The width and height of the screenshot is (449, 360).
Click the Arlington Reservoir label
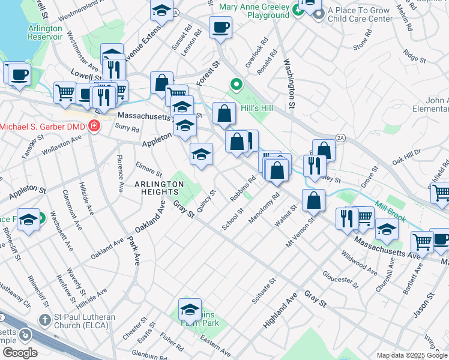click(x=45, y=32)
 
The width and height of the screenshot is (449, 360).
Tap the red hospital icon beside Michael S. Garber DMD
click(x=94, y=126)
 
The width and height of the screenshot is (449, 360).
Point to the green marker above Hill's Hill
click(x=237, y=85)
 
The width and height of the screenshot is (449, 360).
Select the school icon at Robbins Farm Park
click(x=190, y=310)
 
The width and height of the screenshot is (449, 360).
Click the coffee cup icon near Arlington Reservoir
click(x=19, y=74)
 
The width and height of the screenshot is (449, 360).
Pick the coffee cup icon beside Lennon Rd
click(x=220, y=27)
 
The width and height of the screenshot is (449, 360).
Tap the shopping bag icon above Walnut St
click(x=313, y=201)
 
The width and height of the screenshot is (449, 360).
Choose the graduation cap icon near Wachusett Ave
click(x=28, y=220)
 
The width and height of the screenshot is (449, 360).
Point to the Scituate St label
click(x=264, y=290)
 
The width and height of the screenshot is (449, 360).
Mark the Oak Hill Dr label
click(x=408, y=157)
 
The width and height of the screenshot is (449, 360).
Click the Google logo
click(x=20, y=353)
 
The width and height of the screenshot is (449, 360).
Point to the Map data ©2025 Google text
click(x=411, y=355)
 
